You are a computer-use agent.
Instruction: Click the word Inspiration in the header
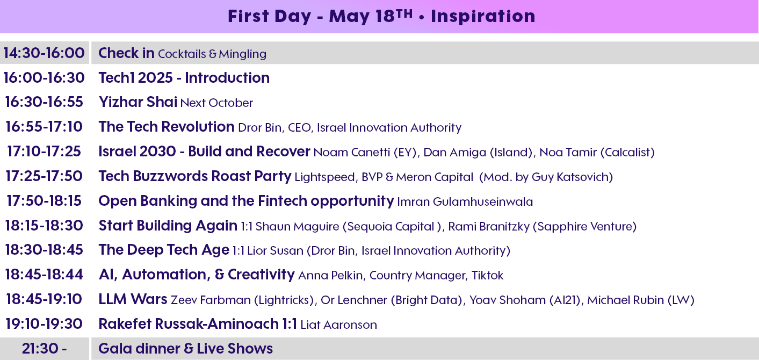click(483, 16)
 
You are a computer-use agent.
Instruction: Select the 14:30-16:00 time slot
click(44, 53)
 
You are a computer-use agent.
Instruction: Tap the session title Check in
click(126, 53)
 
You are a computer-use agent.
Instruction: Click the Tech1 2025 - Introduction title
click(184, 77)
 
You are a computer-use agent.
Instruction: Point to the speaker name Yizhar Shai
click(138, 102)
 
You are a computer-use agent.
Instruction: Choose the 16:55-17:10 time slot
click(44, 127)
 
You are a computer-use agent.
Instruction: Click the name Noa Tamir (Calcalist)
click(597, 152)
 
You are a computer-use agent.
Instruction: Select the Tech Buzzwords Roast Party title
click(195, 176)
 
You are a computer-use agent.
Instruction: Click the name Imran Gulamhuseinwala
click(465, 201)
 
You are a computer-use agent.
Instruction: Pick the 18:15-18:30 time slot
click(44, 226)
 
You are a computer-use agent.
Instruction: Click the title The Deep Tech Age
click(164, 250)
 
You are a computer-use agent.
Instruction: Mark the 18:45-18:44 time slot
click(44, 275)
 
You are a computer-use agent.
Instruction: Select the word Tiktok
click(487, 275)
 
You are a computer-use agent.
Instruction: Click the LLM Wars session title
click(133, 299)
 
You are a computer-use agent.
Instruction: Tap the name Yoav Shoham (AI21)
click(525, 300)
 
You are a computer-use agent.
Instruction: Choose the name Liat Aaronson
click(338, 325)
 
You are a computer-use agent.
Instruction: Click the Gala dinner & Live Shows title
click(185, 349)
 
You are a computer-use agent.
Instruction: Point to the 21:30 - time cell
click(44, 349)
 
